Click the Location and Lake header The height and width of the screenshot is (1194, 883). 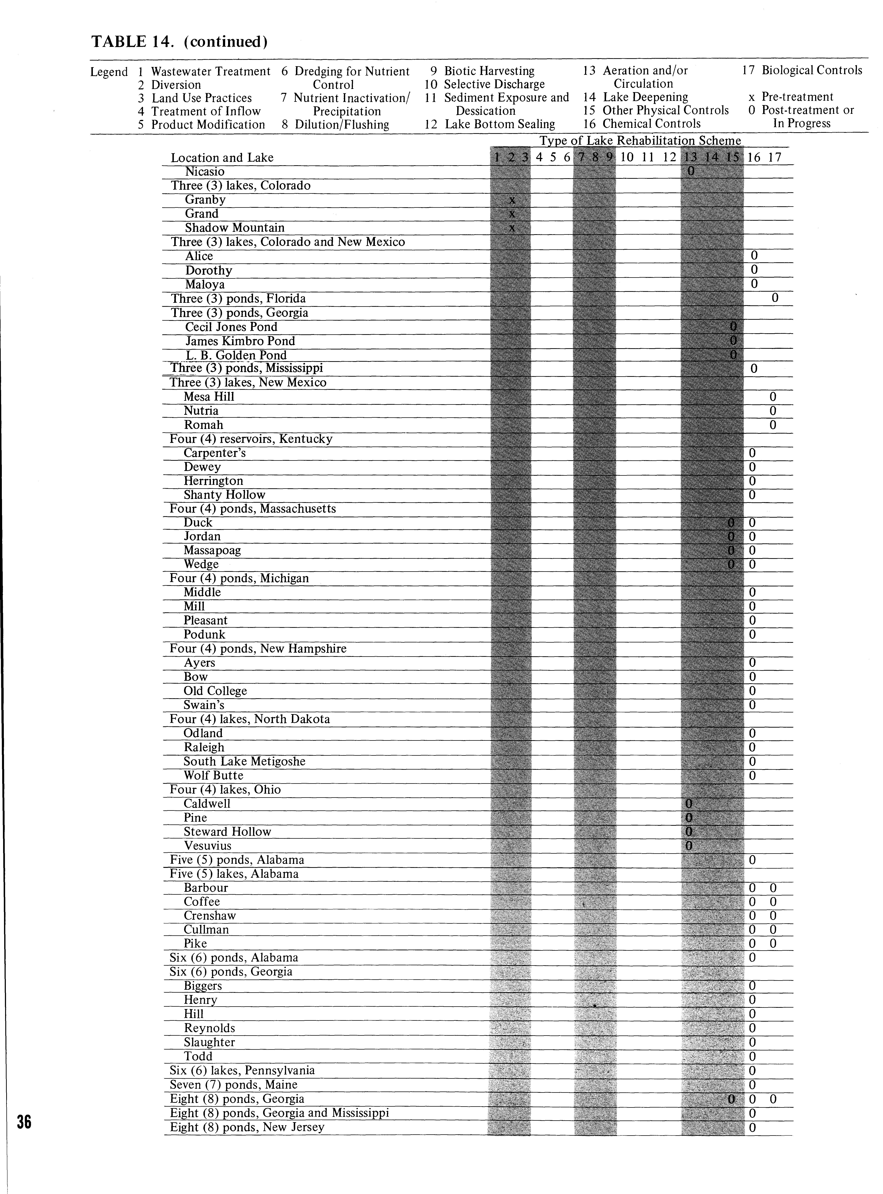(x=222, y=158)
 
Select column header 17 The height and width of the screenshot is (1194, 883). (x=774, y=157)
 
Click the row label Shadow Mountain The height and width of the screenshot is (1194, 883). (x=235, y=228)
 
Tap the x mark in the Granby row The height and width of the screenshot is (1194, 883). (x=512, y=200)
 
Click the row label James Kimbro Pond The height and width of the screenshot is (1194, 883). (x=240, y=341)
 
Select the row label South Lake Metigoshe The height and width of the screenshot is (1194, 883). (x=244, y=761)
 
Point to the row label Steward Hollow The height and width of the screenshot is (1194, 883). (x=227, y=832)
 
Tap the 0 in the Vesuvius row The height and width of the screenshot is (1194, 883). (x=689, y=846)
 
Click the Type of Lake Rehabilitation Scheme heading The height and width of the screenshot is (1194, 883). (x=640, y=141)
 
